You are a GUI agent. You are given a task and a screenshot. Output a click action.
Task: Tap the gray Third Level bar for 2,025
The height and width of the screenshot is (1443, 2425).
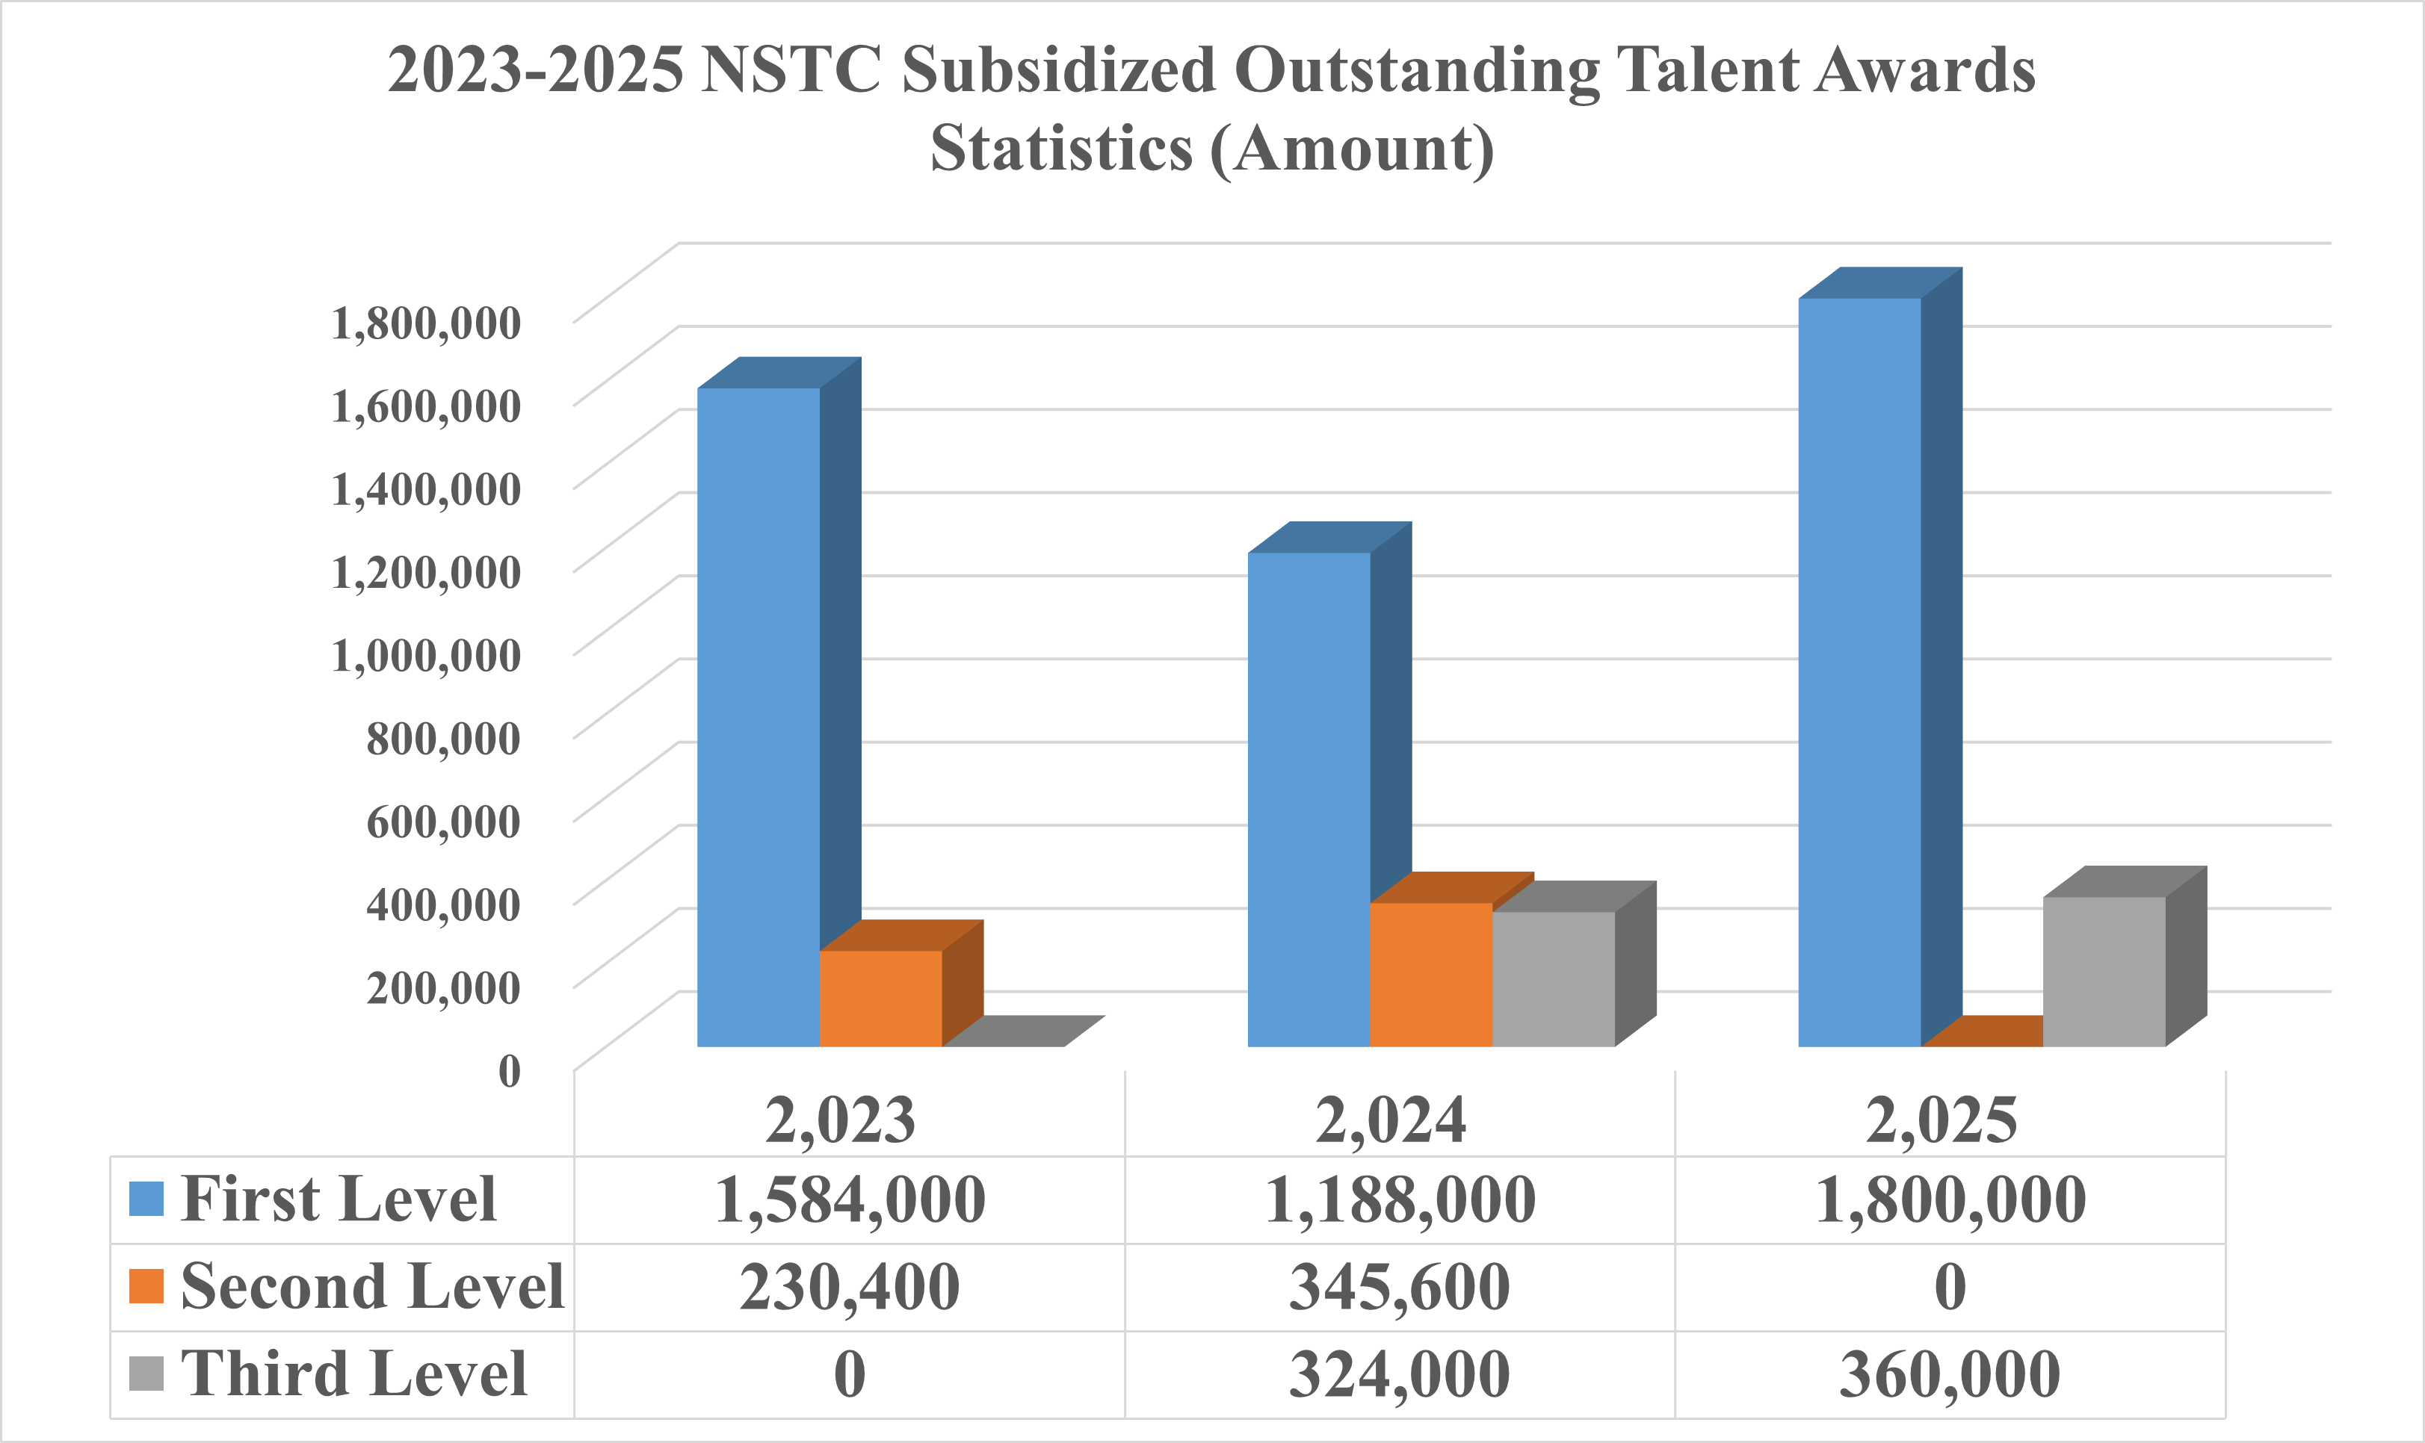2104,972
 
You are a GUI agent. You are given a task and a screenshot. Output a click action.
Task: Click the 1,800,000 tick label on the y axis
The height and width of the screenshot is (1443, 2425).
426,323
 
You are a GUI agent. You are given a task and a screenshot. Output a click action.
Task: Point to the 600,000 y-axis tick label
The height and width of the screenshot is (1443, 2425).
444,822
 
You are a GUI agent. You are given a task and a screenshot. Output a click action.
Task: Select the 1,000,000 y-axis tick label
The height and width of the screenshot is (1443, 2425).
426,655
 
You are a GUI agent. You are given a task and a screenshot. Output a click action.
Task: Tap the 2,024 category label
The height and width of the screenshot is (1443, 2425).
1390,1120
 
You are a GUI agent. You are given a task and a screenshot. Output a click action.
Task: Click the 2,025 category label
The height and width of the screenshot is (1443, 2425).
1941,1120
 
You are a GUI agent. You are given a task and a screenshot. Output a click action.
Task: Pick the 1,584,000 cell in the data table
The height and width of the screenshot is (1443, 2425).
849,1200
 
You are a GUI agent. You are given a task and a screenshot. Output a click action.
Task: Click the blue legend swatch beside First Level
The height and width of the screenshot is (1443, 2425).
146,1199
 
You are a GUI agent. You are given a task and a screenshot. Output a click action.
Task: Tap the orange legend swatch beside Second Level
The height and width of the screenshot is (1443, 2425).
146,1286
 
